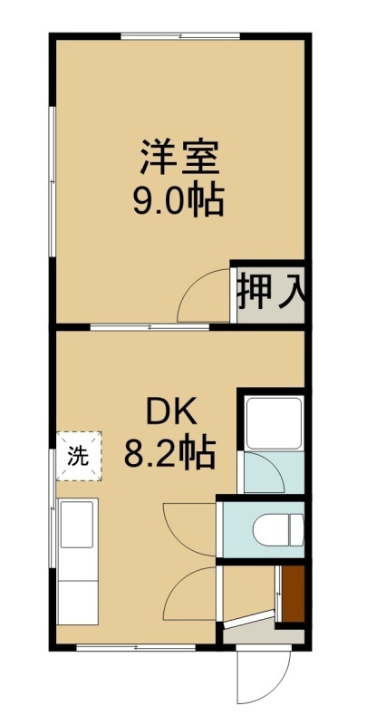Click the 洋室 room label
179,158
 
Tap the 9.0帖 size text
179,200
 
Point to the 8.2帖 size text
169,453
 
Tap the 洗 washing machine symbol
79,456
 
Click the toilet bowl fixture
278,528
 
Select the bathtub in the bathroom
274,423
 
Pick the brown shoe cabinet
293,594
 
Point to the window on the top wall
180,35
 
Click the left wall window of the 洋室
53,180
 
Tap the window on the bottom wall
136,647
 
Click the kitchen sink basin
77,524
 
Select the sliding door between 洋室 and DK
149,327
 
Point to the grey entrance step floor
263,633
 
